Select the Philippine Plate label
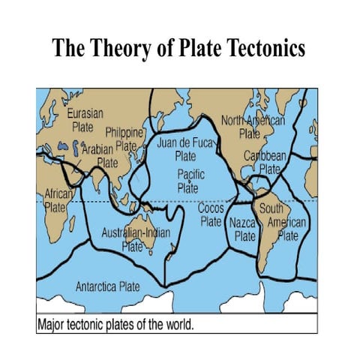tap(124, 139)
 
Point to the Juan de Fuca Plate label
tap(185, 149)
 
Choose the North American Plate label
tap(253, 127)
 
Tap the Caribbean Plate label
tap(265, 162)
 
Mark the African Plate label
tap(49, 200)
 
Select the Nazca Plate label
tap(244, 229)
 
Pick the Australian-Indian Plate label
tap(136, 238)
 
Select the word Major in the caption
tap(53, 325)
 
